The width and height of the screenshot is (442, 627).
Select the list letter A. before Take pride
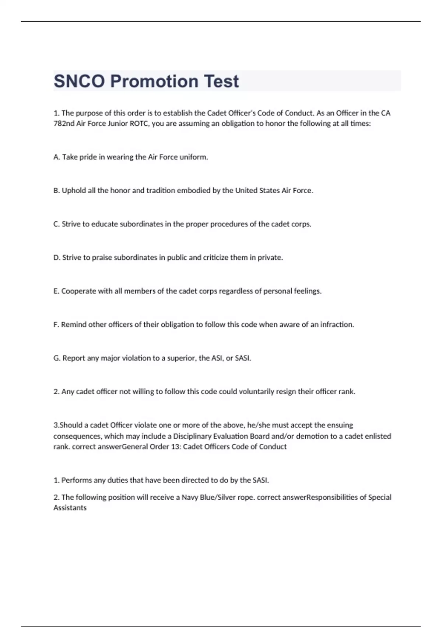point(57,157)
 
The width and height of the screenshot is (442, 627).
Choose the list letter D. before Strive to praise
point(57,258)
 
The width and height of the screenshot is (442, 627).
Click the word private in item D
point(270,258)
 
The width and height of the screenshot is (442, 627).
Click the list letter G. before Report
point(57,358)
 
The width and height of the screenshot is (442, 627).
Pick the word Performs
point(77,481)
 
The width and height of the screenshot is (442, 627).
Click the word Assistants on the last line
point(70,508)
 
